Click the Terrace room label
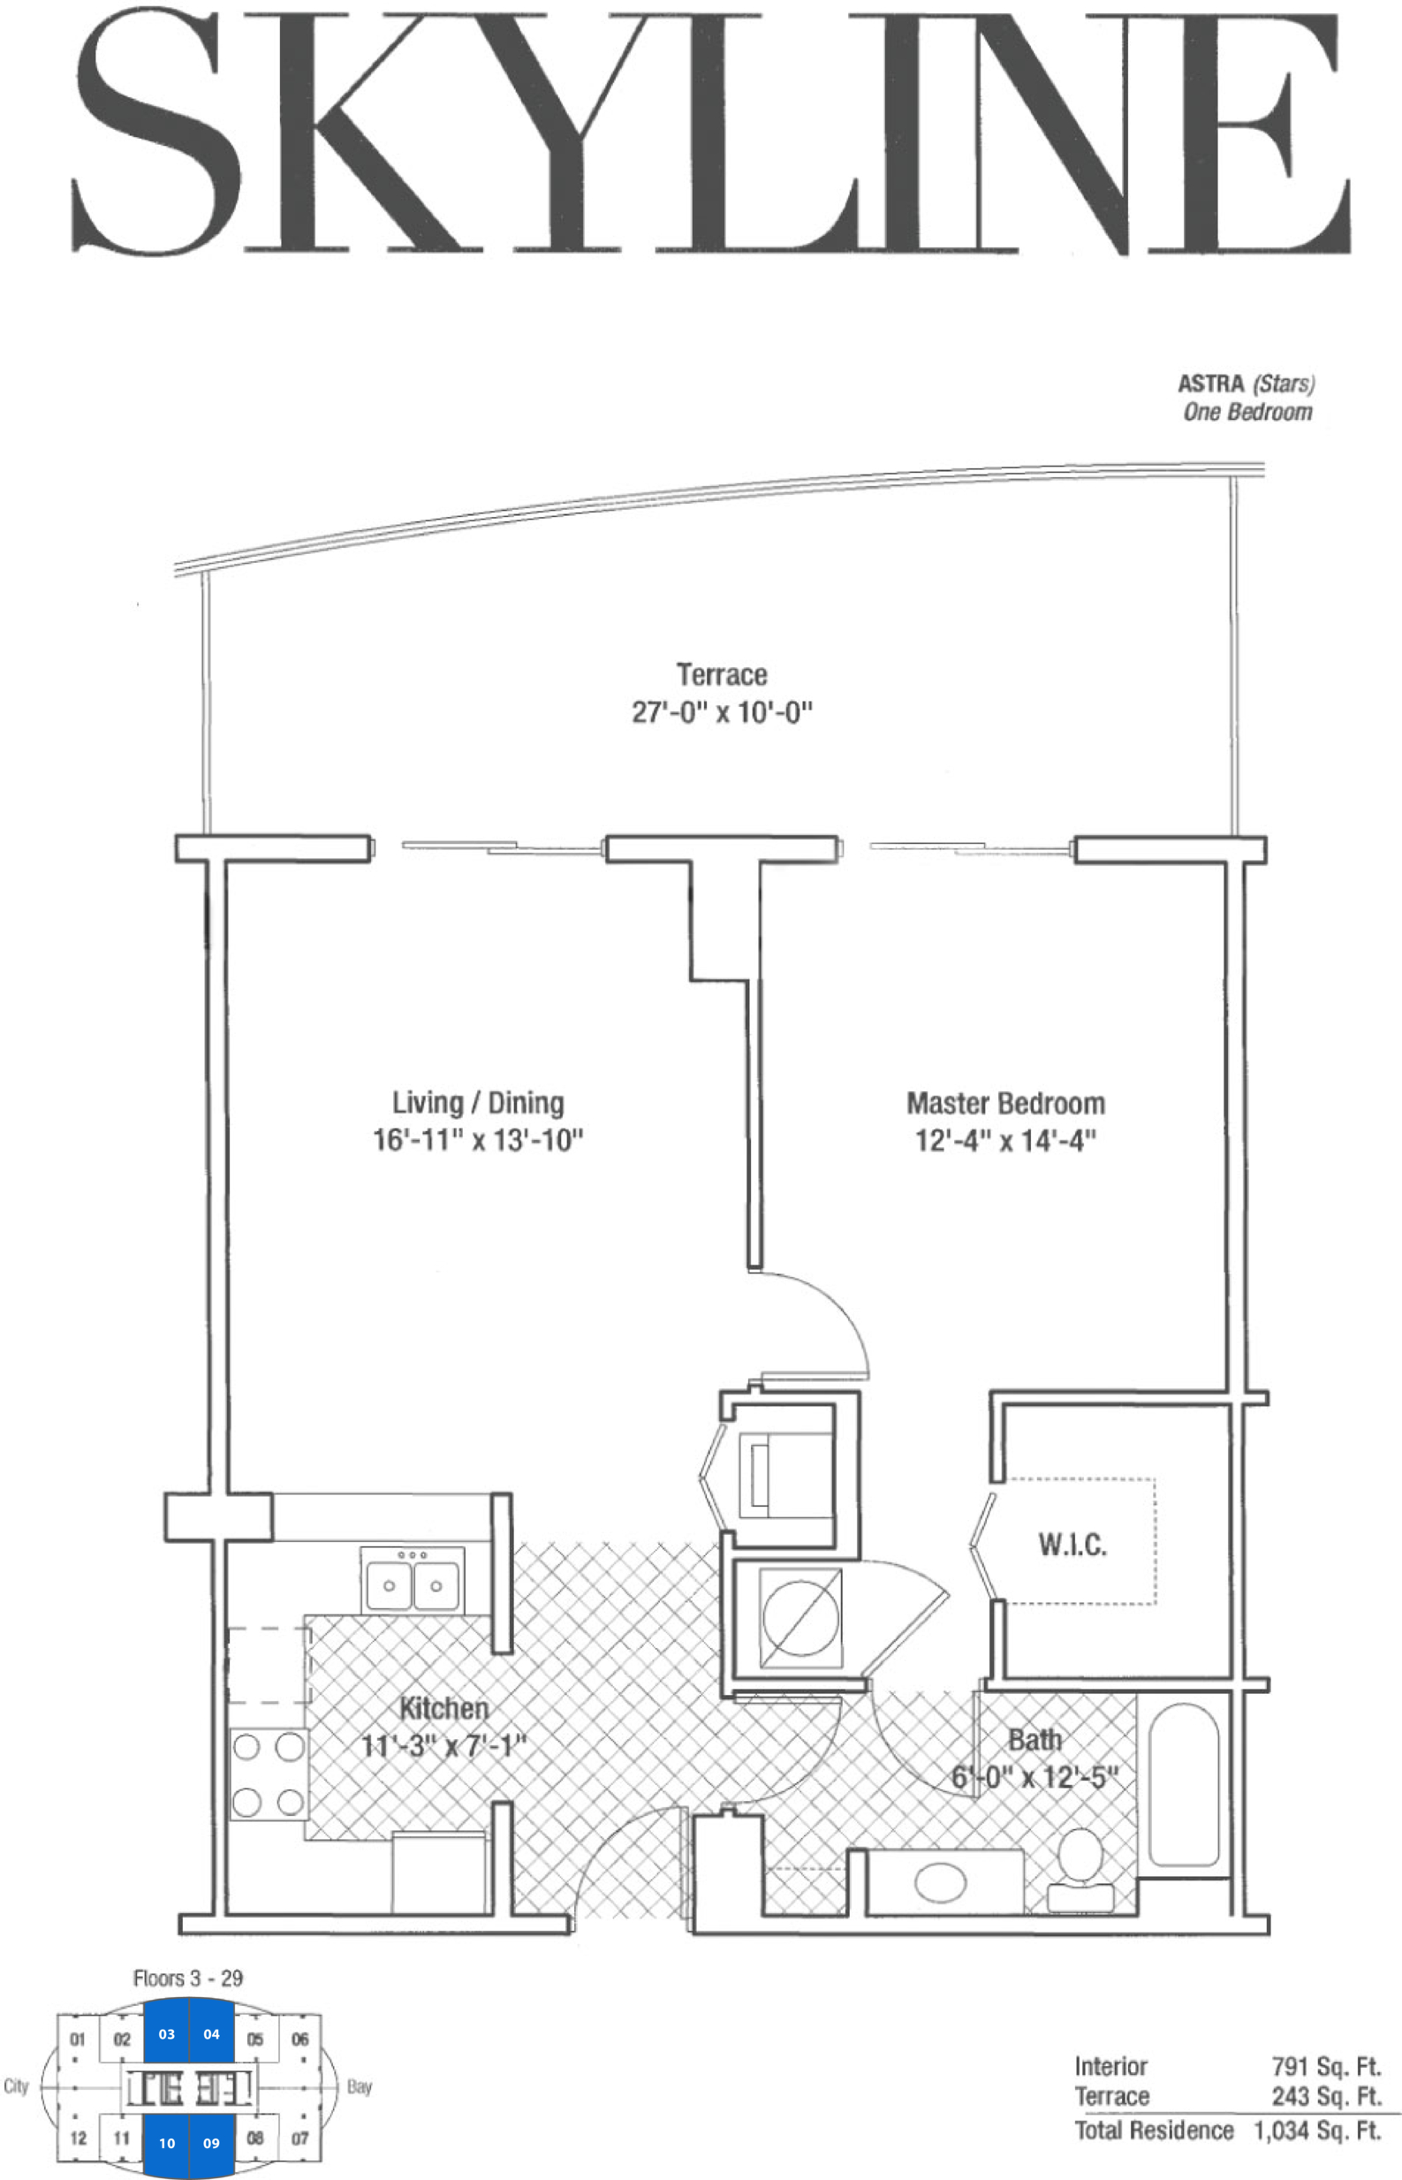point(721,675)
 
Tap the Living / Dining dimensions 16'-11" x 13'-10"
point(478,1140)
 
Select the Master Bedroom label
point(1006,1104)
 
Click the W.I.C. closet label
point(1072,1545)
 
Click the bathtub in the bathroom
point(1184,1786)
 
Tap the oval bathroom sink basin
point(941,1881)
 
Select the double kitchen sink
point(413,1582)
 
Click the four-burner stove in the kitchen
point(268,1774)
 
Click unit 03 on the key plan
point(167,2034)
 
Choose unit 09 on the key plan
point(211,2143)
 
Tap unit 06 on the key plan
point(299,2039)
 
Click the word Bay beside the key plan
point(360,2087)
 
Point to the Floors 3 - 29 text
point(188,1978)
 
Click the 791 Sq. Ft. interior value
point(1326,2067)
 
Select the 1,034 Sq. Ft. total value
point(1317,2131)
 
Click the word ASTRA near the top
point(1211,384)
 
